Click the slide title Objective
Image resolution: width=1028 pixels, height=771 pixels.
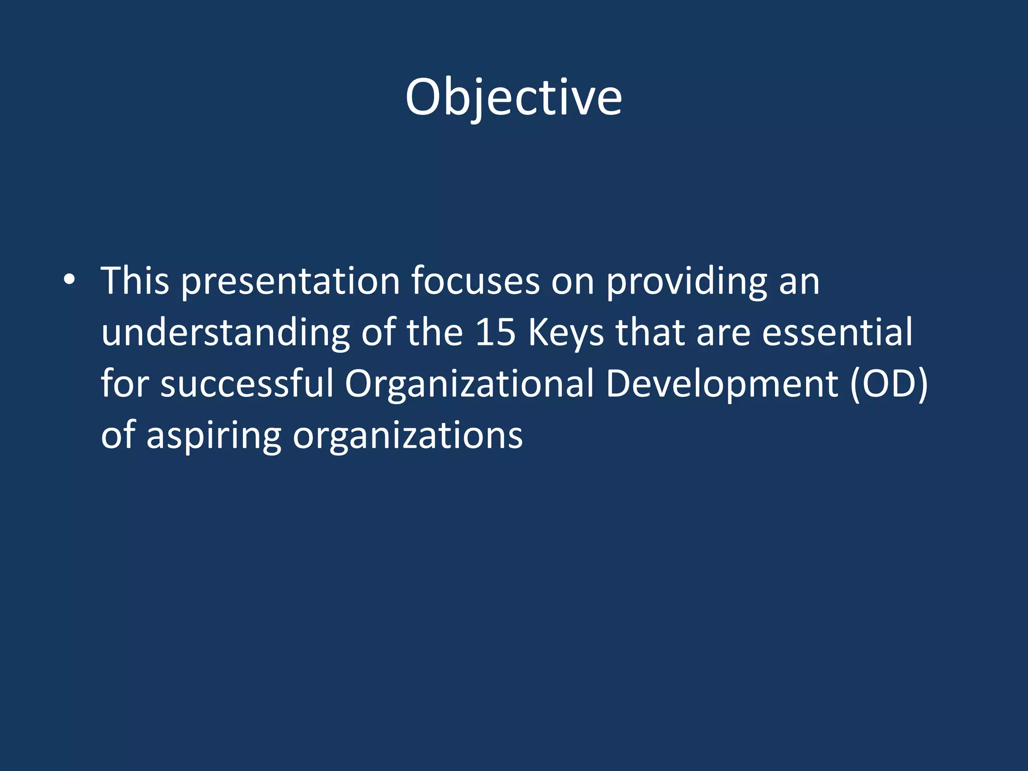pos(513,98)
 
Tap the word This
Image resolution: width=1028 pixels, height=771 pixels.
pos(135,281)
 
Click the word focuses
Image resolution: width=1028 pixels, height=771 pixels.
pos(475,281)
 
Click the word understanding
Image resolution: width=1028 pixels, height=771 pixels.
pos(225,333)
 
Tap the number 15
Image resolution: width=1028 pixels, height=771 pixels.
pos(495,332)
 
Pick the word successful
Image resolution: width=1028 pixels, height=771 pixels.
pos(247,383)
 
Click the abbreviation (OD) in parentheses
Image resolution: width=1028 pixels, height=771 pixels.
pos(888,384)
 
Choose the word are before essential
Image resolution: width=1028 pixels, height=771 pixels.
pos(723,333)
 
